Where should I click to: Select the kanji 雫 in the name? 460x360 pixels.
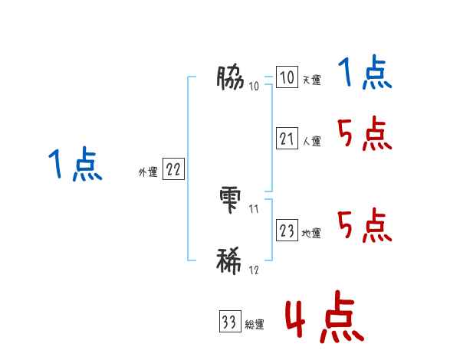231,198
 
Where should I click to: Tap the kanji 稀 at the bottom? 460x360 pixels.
231,260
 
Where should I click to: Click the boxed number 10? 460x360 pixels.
287,78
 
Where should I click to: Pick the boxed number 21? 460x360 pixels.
287,139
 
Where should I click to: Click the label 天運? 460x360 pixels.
311,80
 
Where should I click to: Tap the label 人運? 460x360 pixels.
311,142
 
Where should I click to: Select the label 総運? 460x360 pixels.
255,325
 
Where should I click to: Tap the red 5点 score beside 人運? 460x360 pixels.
365,136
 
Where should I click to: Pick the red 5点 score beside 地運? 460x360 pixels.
365,227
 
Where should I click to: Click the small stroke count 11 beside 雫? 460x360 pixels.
254,208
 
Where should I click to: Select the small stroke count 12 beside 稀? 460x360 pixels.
254,270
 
